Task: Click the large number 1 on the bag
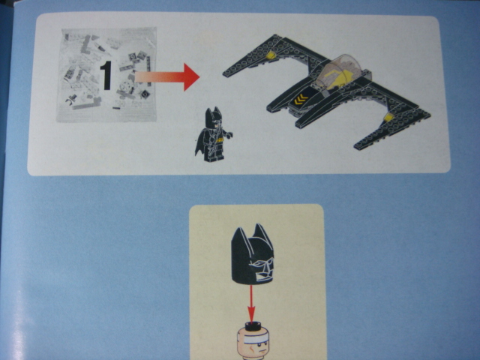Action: [106, 76]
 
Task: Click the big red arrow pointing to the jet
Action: [167, 76]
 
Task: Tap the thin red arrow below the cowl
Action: [251, 304]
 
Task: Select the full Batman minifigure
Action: [213, 134]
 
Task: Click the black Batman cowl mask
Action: [252, 255]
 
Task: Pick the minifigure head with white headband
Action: [253, 343]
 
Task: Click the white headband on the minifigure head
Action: [253, 339]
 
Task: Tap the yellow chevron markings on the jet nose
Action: [301, 100]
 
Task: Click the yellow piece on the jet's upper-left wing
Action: [271, 55]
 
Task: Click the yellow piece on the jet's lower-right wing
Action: [388, 117]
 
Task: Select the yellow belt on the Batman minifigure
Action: [220, 140]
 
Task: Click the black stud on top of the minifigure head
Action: [253, 325]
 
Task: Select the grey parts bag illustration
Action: [106, 75]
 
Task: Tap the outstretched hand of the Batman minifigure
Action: [229, 134]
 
